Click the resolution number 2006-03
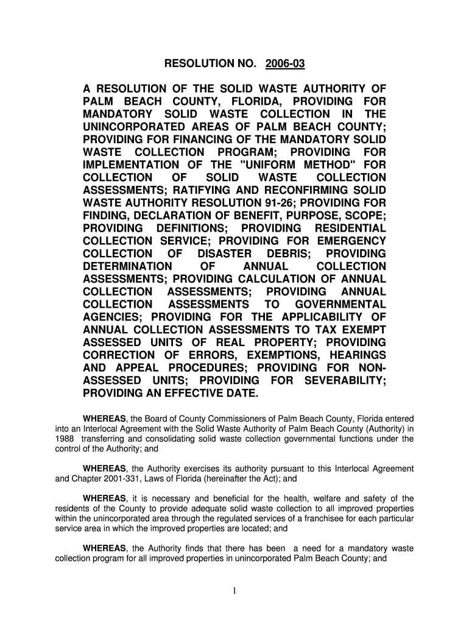[288, 63]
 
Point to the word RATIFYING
[203, 190]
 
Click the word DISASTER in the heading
[225, 253]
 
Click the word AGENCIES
[113, 317]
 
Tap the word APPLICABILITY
[326, 317]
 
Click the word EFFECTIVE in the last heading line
[195, 394]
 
